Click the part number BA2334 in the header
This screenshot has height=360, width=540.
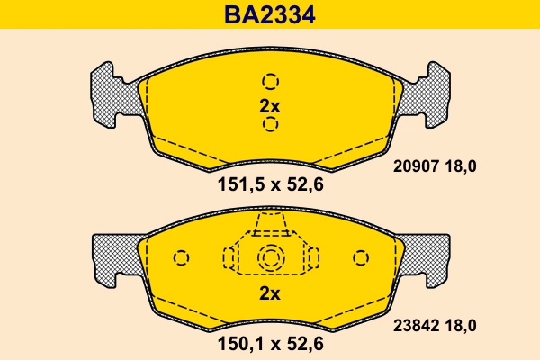point(269,15)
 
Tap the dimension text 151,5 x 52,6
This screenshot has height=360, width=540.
point(270,185)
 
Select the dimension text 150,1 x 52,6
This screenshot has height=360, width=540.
point(270,343)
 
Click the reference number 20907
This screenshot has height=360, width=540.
point(416,166)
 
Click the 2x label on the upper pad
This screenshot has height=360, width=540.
point(270,105)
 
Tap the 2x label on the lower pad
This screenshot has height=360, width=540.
point(270,293)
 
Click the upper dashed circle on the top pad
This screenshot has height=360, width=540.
point(270,81)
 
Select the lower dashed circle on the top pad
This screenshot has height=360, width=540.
point(270,124)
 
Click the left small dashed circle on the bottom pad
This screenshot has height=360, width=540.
point(181,258)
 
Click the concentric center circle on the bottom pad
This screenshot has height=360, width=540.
point(270,258)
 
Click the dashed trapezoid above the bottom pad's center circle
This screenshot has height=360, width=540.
point(270,225)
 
